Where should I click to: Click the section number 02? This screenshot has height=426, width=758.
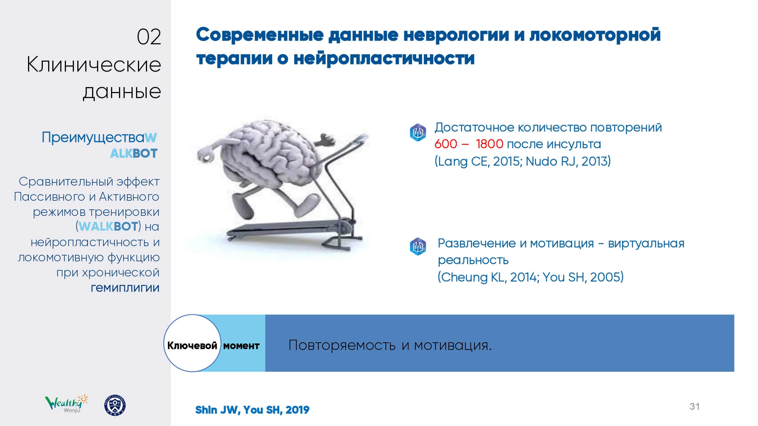click(x=149, y=37)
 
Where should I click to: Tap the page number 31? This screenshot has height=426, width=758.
click(x=694, y=406)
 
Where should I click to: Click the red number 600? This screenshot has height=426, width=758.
click(x=446, y=144)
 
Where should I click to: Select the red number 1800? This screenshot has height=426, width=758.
click(x=489, y=144)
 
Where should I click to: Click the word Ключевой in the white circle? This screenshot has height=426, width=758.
click(x=192, y=345)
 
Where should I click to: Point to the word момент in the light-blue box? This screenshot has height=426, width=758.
click(x=241, y=346)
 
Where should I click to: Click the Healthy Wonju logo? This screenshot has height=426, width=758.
click(x=66, y=404)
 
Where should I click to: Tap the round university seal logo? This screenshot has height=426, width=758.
click(x=115, y=406)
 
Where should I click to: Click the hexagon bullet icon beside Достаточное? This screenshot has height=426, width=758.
click(x=418, y=133)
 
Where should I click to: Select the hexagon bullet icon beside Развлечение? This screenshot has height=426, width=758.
click(x=418, y=247)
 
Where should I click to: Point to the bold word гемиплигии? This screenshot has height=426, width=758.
click(x=125, y=288)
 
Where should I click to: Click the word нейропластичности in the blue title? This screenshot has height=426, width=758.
click(x=384, y=59)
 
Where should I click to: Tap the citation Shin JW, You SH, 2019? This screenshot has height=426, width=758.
click(x=252, y=410)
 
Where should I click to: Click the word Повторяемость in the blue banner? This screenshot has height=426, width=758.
click(x=342, y=345)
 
